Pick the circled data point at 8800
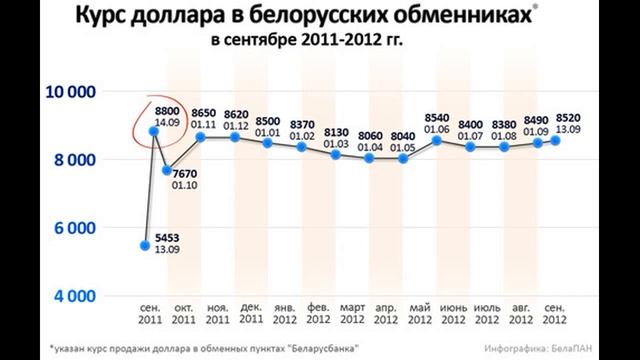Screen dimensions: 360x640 click(x=155, y=130)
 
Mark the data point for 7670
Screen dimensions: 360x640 click(x=167, y=170)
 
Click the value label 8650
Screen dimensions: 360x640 click(x=204, y=116)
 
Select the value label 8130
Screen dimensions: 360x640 click(x=336, y=133)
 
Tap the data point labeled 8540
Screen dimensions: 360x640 click(x=437, y=139)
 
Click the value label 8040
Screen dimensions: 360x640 click(x=403, y=136)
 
